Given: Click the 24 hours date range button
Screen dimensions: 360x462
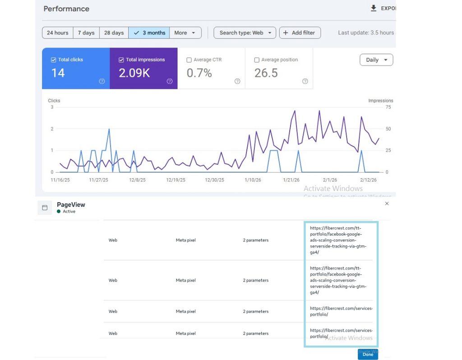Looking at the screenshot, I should [58, 33].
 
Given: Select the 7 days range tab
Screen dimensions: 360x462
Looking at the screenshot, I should [86, 33].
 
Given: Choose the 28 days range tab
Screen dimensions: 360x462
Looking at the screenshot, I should [114, 33].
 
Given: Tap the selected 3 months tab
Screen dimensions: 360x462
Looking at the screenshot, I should [149, 33].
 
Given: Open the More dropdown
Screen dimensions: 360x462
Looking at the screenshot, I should [185, 33].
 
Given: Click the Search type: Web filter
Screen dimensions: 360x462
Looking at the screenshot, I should [245, 33].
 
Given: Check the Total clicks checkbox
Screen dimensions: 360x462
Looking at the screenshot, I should [54, 60].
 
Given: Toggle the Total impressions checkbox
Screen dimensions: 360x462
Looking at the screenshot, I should [121, 60].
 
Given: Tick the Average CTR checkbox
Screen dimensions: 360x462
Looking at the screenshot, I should [189, 60].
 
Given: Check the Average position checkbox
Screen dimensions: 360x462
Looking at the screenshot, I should [257, 60].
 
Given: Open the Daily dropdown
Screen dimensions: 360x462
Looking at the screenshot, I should [376, 60].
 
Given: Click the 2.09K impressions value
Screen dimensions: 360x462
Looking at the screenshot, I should [134, 73].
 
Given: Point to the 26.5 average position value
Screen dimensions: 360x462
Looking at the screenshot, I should [266, 73].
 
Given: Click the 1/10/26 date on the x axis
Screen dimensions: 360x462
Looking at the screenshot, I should [253, 180].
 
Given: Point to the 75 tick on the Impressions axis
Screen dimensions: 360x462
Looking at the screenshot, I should [388, 107].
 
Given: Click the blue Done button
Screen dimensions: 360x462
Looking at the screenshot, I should [368, 355].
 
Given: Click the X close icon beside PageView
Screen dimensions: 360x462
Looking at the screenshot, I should [387, 204].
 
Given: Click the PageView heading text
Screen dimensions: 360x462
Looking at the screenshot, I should [71, 205].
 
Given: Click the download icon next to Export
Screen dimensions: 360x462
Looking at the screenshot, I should [374, 8].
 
